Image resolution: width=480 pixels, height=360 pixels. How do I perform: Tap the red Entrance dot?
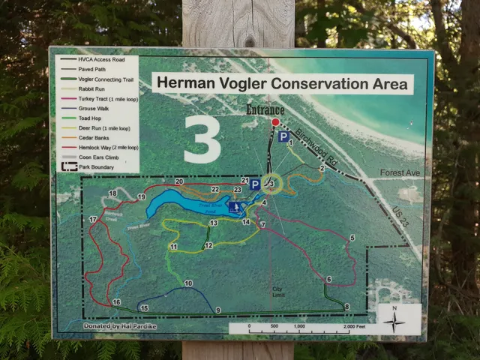(x=275, y=121)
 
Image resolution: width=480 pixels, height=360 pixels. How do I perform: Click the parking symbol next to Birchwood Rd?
(x=283, y=137)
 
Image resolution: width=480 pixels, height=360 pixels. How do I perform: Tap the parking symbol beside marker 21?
(x=255, y=184)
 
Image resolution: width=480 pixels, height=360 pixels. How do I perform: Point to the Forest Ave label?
(x=400, y=173)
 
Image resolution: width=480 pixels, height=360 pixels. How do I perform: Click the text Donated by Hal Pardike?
(x=112, y=326)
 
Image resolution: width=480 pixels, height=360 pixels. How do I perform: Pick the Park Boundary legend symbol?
(x=69, y=166)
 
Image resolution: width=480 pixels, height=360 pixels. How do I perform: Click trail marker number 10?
(x=188, y=283)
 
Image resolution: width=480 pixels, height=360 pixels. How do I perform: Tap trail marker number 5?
(x=352, y=238)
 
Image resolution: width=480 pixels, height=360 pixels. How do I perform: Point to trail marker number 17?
(x=94, y=220)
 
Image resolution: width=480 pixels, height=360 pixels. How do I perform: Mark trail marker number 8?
(x=346, y=306)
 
